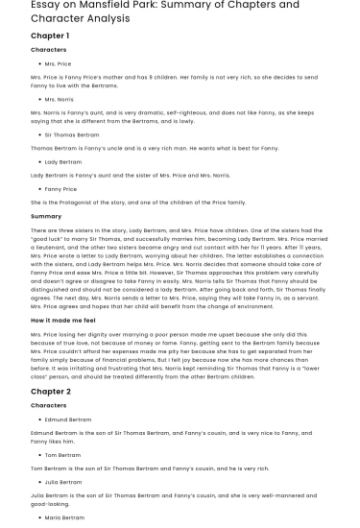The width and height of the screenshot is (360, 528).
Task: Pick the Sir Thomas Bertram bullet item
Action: click(72, 135)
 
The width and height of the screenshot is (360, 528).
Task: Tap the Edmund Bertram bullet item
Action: click(68, 420)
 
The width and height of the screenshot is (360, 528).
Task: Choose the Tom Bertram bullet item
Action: click(63, 455)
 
